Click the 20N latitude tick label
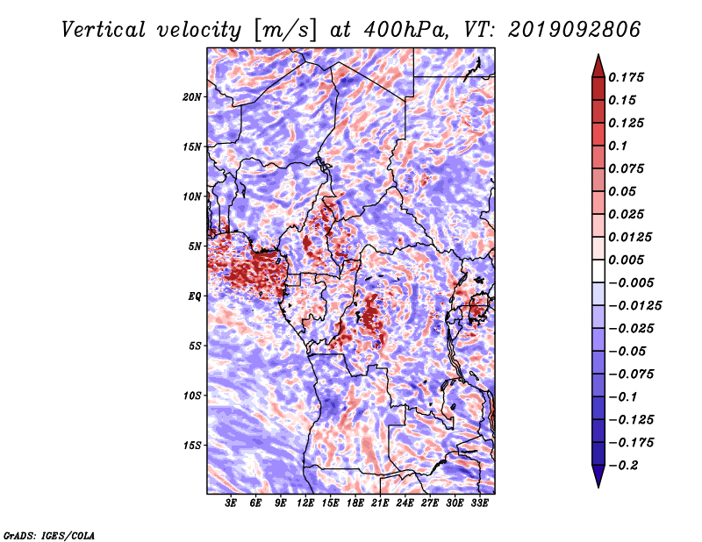[x=192, y=97]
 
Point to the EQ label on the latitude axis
[x=195, y=296]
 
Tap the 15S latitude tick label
[x=192, y=446]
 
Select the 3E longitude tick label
[x=231, y=503]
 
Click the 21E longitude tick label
[x=380, y=503]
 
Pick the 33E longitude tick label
[x=479, y=503]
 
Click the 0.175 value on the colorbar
[x=626, y=77]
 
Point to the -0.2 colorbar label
[x=623, y=466]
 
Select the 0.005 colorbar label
[x=626, y=260]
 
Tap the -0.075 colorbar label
[x=631, y=374]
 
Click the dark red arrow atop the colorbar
[x=598, y=67]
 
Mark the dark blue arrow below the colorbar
[x=598, y=476]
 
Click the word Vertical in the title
[x=104, y=30]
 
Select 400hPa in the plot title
[x=405, y=30]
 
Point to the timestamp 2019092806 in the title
[x=575, y=30]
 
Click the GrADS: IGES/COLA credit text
[x=49, y=536]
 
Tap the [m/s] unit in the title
[x=285, y=30]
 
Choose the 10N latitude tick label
[x=192, y=197]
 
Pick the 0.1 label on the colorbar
[x=618, y=146]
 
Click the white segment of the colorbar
[x=598, y=271]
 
